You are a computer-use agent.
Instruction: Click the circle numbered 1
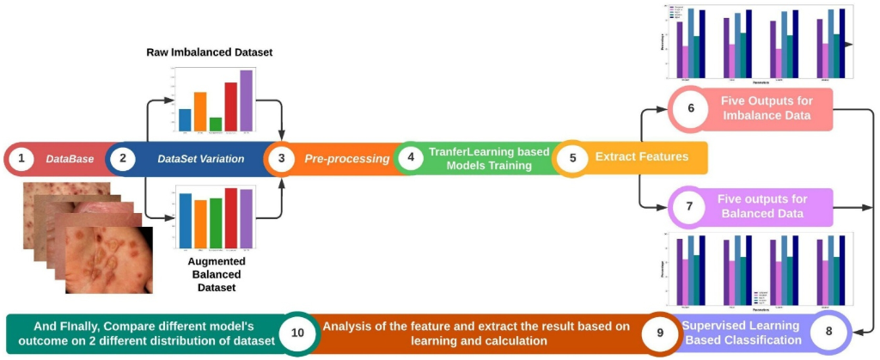(x=22, y=160)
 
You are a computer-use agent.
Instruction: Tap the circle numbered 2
(x=123, y=159)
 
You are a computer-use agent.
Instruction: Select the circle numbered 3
(x=281, y=159)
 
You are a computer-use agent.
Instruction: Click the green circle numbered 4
(x=412, y=159)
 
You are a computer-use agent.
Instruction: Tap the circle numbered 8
(x=828, y=331)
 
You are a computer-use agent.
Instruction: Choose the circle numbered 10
(x=298, y=331)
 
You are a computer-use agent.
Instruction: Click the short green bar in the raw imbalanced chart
(x=216, y=124)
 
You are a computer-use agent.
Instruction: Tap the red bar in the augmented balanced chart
(x=230, y=216)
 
